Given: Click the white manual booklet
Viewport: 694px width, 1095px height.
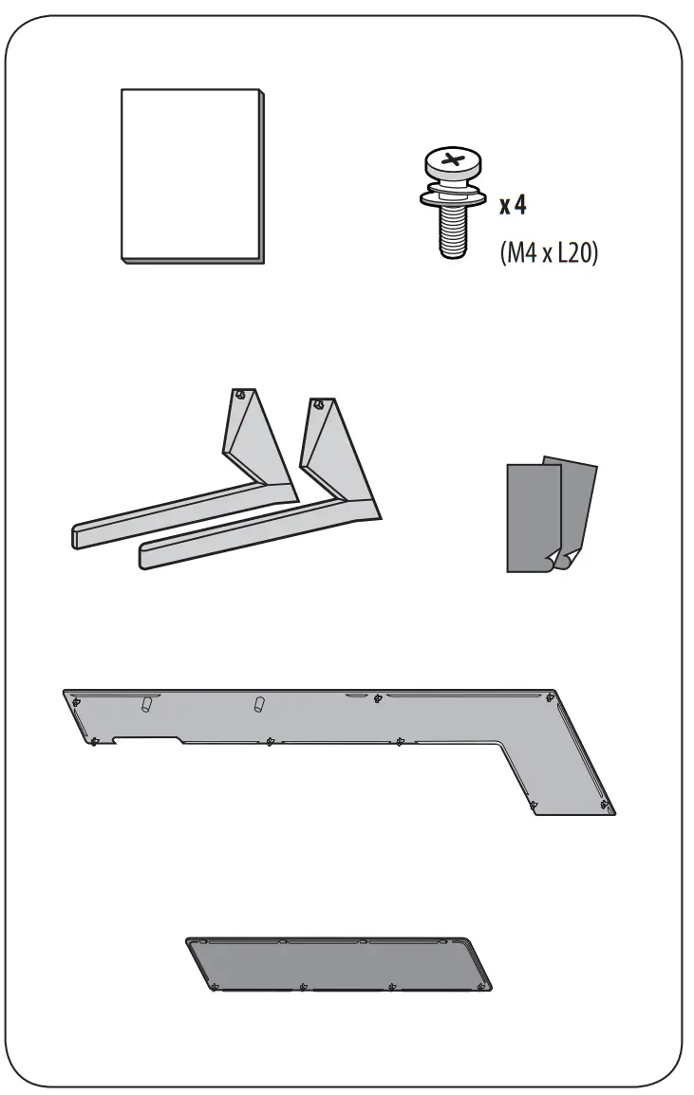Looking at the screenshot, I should (x=191, y=175).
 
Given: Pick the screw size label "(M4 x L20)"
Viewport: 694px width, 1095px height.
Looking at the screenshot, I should (x=549, y=254).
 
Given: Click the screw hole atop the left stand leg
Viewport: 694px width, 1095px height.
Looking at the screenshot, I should (x=243, y=395).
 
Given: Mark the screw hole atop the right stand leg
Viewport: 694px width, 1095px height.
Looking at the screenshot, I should (x=320, y=404).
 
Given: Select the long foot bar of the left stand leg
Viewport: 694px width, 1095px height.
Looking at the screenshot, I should (x=161, y=513).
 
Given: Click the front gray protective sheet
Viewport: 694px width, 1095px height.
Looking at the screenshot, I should (x=532, y=517).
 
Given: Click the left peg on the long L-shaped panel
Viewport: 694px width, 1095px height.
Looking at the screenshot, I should (x=147, y=704).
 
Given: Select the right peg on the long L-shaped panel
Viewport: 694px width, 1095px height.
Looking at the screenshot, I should (x=258, y=704).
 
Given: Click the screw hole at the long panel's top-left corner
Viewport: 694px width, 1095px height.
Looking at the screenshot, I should (x=77, y=702).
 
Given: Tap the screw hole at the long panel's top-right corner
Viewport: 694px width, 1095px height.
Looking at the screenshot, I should (x=551, y=698).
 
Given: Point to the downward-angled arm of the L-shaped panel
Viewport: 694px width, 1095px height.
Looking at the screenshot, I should (x=560, y=769).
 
